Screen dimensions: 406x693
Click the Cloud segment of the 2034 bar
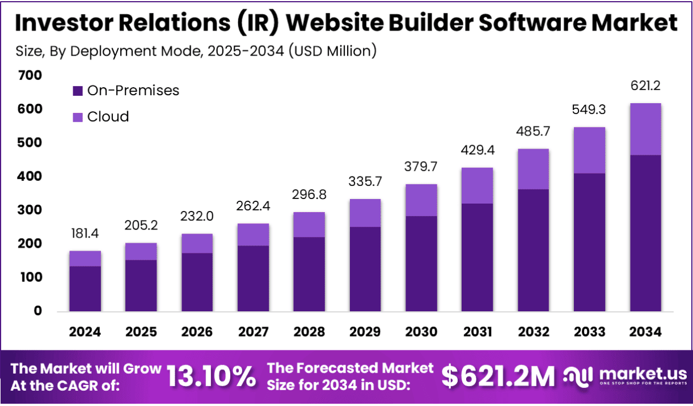pos(645,129)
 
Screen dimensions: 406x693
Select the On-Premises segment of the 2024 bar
pos(85,289)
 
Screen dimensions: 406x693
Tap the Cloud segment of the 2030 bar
pos(421,200)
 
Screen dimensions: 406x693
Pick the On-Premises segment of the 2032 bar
pos(534,250)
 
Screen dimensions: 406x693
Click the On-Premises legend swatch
pos(78,91)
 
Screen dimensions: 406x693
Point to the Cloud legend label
pos(108,117)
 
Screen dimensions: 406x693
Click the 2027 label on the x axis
pos(253,332)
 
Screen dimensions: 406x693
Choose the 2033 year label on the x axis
pos(589,332)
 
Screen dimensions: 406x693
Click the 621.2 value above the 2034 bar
pos(645,86)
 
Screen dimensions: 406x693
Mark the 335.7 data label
pos(365,182)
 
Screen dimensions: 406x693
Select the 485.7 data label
pos(534,132)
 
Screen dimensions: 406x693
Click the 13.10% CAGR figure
pos(211,376)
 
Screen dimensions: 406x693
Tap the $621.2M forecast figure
pos(498,376)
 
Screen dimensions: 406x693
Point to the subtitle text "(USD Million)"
pos(332,51)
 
